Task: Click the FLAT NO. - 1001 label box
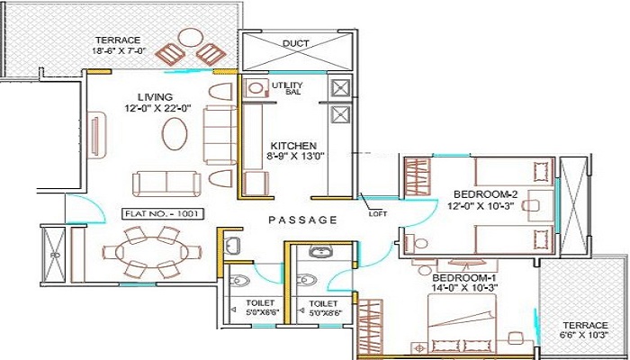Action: point(164,215)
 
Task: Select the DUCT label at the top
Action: point(296,43)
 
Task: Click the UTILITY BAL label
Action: point(293,88)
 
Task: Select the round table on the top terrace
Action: point(190,39)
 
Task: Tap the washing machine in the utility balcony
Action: point(256,88)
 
